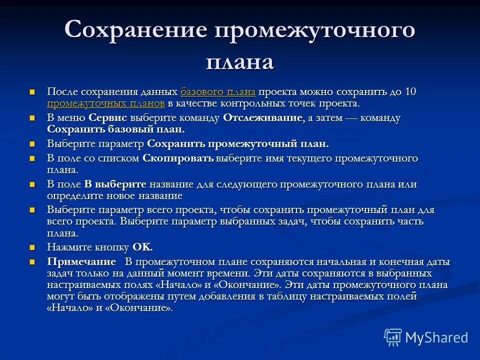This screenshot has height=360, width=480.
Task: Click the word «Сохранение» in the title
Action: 135,30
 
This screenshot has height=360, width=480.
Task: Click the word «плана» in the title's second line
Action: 240,62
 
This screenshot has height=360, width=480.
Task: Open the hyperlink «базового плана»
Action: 218,92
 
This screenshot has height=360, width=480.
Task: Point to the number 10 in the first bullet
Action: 410,92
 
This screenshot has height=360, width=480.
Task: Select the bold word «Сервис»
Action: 108,118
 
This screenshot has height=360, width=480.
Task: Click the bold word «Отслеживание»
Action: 262,118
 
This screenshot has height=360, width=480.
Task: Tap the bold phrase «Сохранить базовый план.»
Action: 116,129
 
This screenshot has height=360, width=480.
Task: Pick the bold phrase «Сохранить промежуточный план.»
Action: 238,144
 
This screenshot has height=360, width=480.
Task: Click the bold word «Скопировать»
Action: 178,158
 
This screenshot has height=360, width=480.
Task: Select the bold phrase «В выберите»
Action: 115,184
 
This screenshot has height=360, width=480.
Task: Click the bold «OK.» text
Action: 142,247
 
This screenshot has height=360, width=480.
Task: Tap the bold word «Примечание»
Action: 81,262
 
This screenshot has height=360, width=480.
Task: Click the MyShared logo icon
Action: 393,337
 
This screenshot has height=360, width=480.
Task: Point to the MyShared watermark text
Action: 436,337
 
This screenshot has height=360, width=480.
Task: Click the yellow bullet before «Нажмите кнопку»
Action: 32,247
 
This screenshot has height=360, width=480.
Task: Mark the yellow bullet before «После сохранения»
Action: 32,92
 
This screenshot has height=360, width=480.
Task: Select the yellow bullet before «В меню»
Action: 32,118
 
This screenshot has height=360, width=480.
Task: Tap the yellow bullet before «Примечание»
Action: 32,262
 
